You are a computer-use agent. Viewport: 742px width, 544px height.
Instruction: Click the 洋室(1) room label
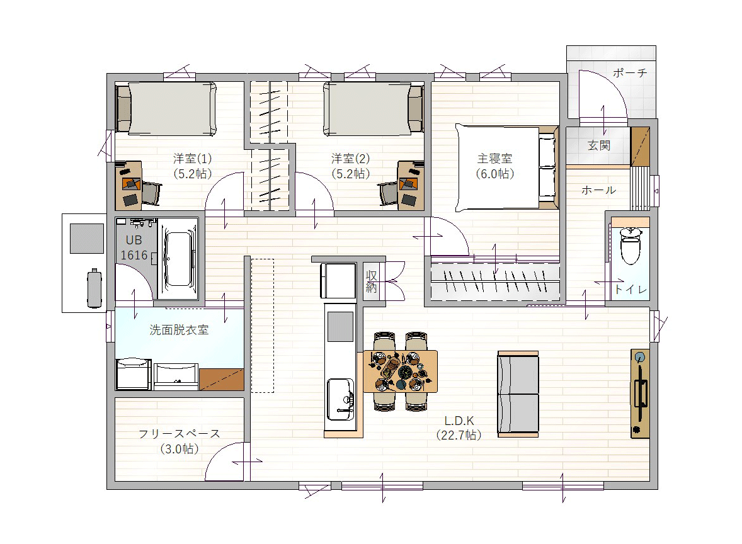[x=192, y=159]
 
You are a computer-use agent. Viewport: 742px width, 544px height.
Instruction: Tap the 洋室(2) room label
[x=350, y=159]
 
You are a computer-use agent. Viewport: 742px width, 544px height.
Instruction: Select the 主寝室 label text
[x=494, y=159]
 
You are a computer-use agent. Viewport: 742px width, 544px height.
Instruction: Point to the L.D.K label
[x=459, y=421]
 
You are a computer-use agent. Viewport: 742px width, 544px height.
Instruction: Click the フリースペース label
[x=180, y=434]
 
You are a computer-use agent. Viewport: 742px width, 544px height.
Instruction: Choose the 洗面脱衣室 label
[x=179, y=330]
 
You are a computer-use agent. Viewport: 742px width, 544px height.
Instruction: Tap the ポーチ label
[x=629, y=73]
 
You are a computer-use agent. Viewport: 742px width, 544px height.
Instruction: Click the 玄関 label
[x=598, y=145]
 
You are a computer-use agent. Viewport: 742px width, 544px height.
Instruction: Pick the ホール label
[x=598, y=190]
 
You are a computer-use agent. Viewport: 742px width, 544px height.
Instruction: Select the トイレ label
[x=631, y=290]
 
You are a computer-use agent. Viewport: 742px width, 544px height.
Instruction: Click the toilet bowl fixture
[x=631, y=246]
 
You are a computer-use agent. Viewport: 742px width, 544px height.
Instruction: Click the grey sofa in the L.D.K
[x=518, y=394]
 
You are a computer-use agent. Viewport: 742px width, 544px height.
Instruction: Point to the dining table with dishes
[x=401, y=371]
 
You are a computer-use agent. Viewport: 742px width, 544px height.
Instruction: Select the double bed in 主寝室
[x=506, y=167]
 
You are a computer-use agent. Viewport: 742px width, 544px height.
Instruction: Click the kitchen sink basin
[x=340, y=399]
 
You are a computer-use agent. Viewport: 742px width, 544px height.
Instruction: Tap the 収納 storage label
[x=371, y=281]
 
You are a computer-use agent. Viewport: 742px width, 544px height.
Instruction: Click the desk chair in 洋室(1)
[x=151, y=193]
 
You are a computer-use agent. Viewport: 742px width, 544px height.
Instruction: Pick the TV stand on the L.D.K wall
[x=640, y=394]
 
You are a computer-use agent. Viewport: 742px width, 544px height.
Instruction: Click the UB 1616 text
[x=134, y=247]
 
